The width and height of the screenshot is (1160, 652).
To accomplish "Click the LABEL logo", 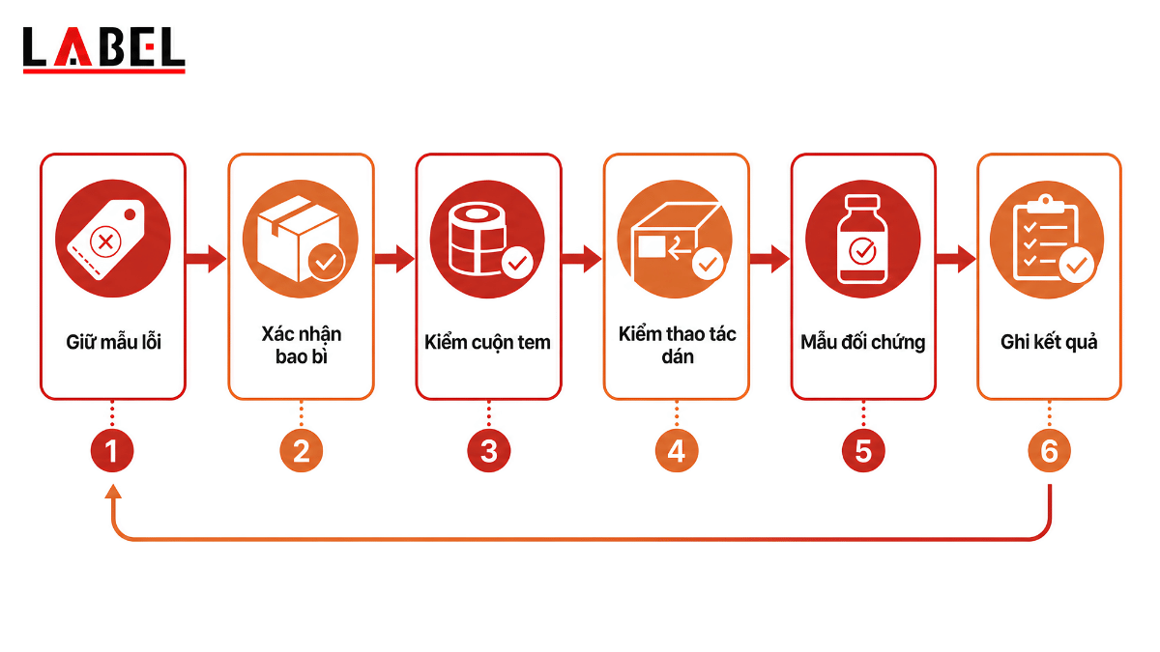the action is [x=104, y=49].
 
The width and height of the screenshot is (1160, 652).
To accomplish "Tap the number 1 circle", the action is [x=112, y=451].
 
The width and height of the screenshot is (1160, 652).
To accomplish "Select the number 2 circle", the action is [x=302, y=451].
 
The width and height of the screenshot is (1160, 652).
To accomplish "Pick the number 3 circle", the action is [x=489, y=451].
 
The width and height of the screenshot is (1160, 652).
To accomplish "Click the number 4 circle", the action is [x=677, y=451].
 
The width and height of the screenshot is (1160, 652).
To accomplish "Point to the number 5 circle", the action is [x=863, y=451].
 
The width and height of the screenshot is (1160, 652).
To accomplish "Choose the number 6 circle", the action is [x=1049, y=451].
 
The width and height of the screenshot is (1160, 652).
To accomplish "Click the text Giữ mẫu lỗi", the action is [x=113, y=343].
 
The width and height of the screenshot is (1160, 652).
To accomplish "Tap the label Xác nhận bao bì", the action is [x=302, y=345].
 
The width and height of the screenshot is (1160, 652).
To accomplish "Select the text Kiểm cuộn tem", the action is [x=487, y=343].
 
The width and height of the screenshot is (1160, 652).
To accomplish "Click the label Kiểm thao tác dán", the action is [x=678, y=345].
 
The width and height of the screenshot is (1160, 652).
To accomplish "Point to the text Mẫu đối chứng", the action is [x=862, y=343].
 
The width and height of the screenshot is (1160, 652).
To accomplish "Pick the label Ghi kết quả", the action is [x=1049, y=343].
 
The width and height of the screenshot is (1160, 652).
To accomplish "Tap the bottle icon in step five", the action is [x=862, y=239].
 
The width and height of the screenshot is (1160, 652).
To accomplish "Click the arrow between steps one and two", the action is [x=206, y=259].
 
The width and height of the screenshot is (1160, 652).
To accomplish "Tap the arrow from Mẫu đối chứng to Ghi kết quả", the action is [x=956, y=259].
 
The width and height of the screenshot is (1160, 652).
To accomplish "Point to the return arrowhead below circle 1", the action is [x=113, y=492].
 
